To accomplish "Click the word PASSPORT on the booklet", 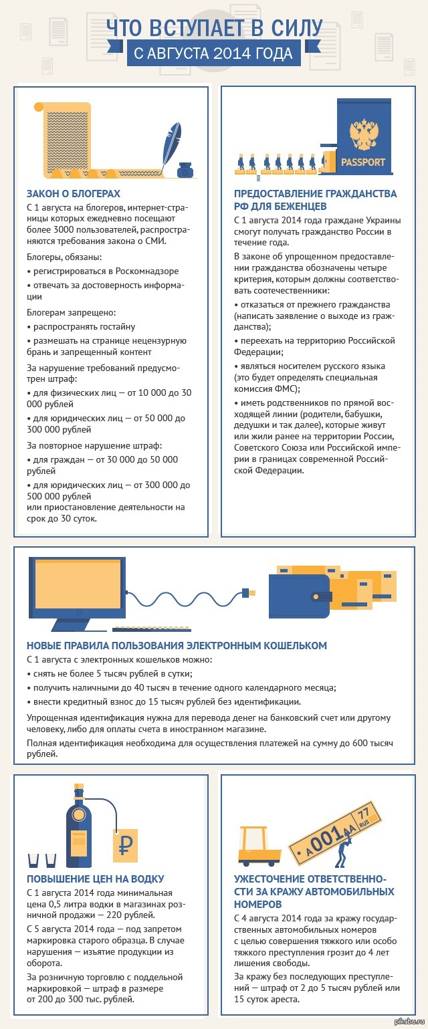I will click(x=363, y=162).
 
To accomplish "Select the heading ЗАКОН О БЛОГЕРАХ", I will click(x=73, y=195).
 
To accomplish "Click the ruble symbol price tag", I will click(x=124, y=847).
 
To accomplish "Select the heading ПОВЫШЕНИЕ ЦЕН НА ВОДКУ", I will click(x=95, y=879).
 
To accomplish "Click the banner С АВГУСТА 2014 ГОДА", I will click(x=214, y=53).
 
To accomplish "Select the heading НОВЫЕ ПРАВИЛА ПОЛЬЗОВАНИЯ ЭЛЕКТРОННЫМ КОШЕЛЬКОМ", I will click(x=177, y=645).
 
